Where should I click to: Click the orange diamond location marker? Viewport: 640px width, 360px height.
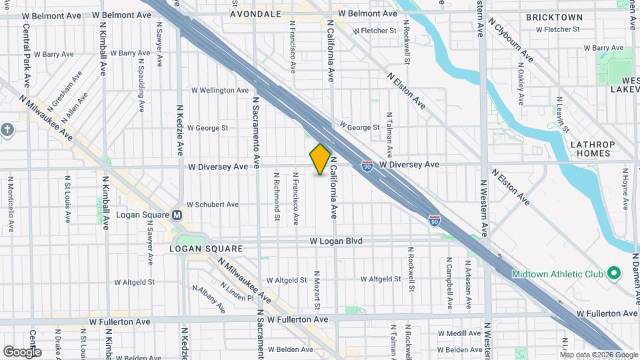pyautogui.click(x=320, y=159)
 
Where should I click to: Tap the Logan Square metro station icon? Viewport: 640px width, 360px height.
pyautogui.click(x=177, y=215)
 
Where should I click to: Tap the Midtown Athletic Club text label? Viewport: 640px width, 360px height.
pyautogui.click(x=558, y=274)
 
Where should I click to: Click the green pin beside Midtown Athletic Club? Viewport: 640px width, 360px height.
pyautogui.click(x=616, y=273)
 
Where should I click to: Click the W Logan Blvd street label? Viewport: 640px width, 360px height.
pyautogui.click(x=335, y=241)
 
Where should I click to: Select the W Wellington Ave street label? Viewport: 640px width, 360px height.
pyautogui.click(x=220, y=90)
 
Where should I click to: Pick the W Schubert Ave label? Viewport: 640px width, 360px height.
pyautogui.click(x=212, y=205)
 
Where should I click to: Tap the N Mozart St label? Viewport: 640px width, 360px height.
pyautogui.click(x=318, y=289)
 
